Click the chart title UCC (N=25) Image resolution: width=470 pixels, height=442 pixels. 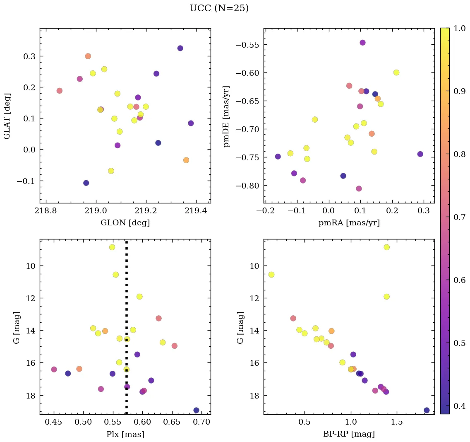[219, 8]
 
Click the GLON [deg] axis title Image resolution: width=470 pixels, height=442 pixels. [125, 223]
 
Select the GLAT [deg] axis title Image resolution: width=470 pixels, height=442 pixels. [7, 116]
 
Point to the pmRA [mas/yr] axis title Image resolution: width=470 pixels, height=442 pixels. [349, 223]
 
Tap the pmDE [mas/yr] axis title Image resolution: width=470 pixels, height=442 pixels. [226, 116]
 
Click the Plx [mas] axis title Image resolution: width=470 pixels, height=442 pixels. [125, 434]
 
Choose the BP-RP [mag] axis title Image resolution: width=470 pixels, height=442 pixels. [349, 434]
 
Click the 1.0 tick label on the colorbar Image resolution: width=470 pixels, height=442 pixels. [459, 28]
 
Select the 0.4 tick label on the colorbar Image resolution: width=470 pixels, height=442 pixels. [459, 406]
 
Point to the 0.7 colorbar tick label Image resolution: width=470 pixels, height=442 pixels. [459, 217]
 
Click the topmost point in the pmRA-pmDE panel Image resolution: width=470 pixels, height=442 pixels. [362, 43]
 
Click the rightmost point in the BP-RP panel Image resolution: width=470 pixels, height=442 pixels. [427, 411]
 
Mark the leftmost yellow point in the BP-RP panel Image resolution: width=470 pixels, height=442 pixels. [271, 275]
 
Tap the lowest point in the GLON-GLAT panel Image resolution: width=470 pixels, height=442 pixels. [86, 183]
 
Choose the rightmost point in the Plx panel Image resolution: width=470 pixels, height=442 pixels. [196, 411]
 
